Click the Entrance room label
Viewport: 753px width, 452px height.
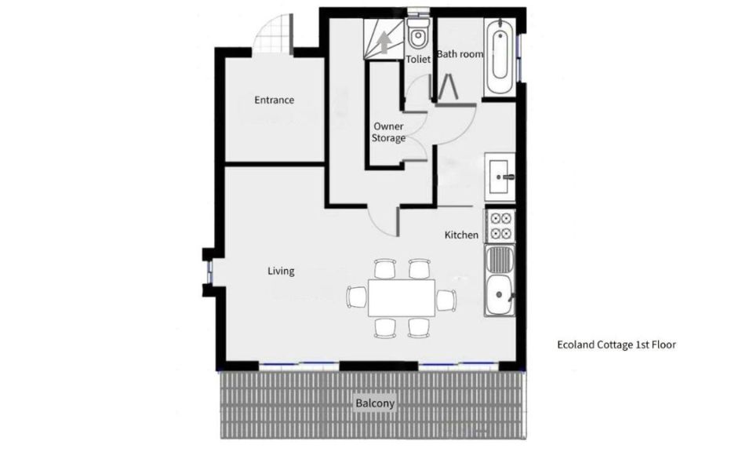pyautogui.click(x=274, y=100)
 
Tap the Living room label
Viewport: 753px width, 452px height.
pyautogui.click(x=281, y=272)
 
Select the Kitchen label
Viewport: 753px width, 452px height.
pyautogui.click(x=461, y=235)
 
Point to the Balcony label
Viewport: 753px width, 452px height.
pyautogui.click(x=376, y=404)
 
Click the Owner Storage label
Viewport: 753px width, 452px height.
pyautogui.click(x=389, y=132)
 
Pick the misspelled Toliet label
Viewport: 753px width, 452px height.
pyautogui.click(x=418, y=59)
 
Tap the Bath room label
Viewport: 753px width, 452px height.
pyautogui.click(x=460, y=54)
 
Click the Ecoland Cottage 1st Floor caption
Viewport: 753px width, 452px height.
pyautogui.click(x=616, y=344)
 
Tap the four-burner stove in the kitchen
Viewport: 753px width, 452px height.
pyautogui.click(x=500, y=225)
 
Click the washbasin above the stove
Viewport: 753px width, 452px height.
pyautogui.click(x=500, y=177)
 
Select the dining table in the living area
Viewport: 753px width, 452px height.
pyautogui.click(x=402, y=297)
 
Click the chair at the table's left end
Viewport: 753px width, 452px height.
pyautogui.click(x=356, y=297)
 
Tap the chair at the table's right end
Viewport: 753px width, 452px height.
pyautogui.click(x=446, y=299)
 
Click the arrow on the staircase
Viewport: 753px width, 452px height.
pyautogui.click(x=384, y=42)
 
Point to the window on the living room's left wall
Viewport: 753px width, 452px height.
pyautogui.click(x=209, y=272)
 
